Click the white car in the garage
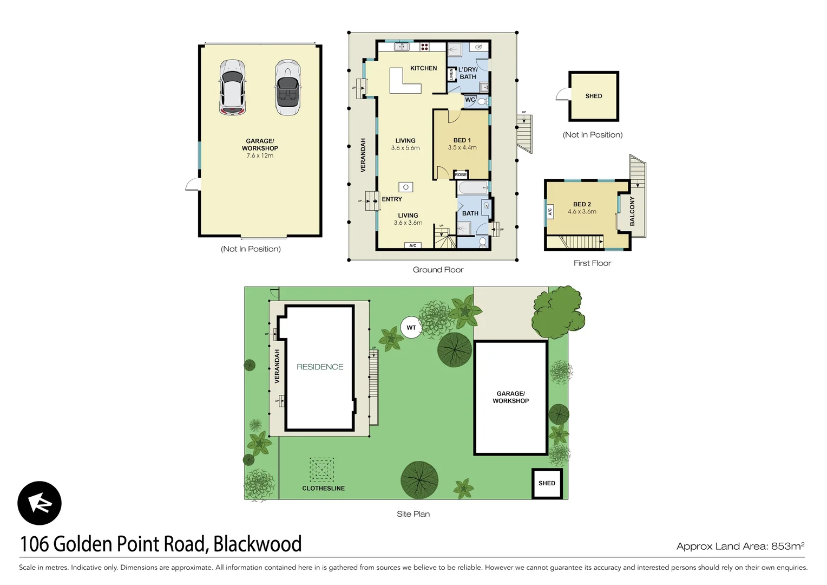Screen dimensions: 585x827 232,87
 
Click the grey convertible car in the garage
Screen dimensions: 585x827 287,87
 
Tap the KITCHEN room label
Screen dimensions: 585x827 423,68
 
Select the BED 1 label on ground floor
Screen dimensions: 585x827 462,140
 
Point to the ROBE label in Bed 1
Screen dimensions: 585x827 461,174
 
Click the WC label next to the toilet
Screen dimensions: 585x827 470,100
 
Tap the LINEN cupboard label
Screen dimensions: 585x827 451,75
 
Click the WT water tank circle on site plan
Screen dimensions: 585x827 411,328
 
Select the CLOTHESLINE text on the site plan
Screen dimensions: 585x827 323,488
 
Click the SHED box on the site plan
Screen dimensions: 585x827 547,483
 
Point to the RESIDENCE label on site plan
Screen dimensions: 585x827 320,367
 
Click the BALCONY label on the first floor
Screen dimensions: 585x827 632,211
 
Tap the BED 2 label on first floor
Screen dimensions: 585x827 582,204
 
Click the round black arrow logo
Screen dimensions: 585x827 40,503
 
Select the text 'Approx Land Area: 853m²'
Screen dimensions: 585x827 740,546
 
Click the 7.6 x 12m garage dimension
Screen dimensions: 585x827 260,155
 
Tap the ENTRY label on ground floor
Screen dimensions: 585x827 392,199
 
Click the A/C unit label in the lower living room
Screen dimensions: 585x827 412,245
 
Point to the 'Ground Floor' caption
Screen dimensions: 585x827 438,270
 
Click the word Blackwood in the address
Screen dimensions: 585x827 257,544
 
